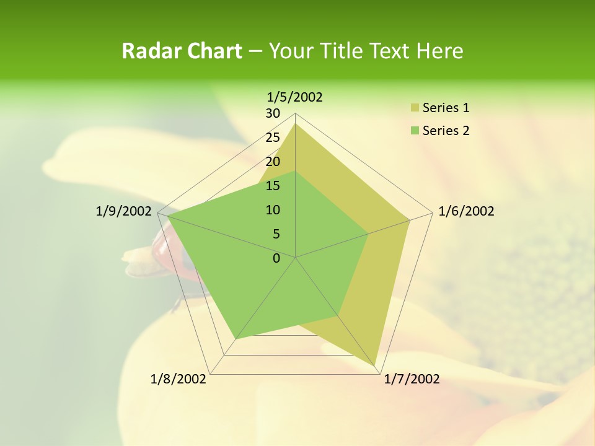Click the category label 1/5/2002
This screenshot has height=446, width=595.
pos(295,97)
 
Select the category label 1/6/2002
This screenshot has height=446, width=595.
pos(466,212)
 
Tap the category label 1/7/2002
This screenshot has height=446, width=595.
pos(412,379)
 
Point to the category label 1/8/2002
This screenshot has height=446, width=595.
pos(178,379)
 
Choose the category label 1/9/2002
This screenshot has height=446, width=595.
pos(123,212)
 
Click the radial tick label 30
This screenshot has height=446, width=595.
pos(273,113)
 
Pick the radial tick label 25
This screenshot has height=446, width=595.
pos(273,138)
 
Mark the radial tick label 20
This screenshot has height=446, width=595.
pos(273,162)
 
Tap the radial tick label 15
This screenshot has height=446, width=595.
pos(273,186)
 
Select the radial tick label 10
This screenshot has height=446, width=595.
pos(273,210)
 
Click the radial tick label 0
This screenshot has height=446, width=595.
pos(276,258)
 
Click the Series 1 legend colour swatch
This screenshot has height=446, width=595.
pos(415,108)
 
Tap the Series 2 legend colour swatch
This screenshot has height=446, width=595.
pos(415,131)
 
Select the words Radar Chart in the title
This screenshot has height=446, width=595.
pos(182,51)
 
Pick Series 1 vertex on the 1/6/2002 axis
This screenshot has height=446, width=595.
pos(410,220)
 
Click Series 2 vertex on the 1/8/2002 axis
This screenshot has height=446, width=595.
pos(236,339)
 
